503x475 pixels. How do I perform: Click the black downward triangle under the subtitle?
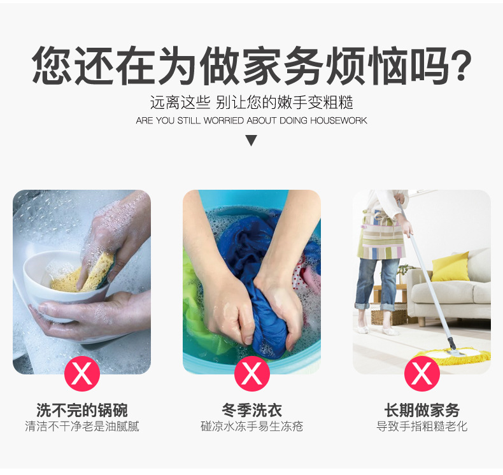point(251,140)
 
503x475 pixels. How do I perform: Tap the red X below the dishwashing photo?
point(81,374)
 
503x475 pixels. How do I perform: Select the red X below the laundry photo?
point(251,374)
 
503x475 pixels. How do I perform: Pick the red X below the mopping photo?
point(422,374)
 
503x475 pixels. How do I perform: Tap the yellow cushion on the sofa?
point(450,267)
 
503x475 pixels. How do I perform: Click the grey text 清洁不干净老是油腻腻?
point(81,427)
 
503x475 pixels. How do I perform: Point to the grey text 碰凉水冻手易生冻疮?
point(251,427)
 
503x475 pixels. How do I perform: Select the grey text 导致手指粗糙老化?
point(422,427)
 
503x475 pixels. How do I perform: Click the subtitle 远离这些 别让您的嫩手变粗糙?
point(251,102)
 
